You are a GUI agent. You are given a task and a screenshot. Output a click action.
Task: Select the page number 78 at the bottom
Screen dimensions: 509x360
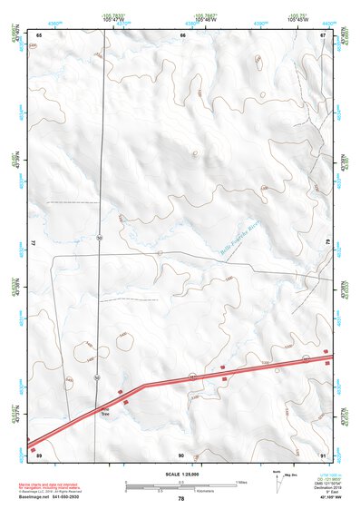point(180,498)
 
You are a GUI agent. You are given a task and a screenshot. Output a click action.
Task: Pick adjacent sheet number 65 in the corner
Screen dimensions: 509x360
point(40,34)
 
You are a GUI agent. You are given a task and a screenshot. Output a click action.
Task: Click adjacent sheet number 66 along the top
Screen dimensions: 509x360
point(183,34)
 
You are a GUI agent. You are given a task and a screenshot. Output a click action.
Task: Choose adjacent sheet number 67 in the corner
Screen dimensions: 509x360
point(323,34)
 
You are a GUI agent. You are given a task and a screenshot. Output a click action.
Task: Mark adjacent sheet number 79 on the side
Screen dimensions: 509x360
point(328,243)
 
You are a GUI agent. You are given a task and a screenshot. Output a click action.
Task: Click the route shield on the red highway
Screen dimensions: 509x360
point(191,375)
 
